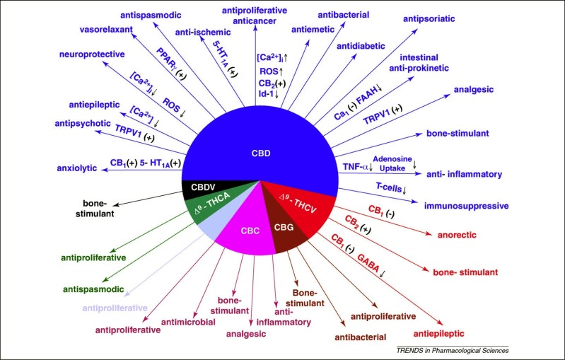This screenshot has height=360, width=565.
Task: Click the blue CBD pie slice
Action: click(x=260, y=144)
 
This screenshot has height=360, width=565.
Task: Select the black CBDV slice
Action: click(x=202, y=188)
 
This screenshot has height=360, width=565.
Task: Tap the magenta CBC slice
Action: click(x=249, y=227)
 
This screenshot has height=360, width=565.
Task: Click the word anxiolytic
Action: click(x=77, y=168)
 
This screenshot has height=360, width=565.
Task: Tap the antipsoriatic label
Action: click(x=429, y=18)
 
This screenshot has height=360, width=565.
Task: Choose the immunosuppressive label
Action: click(x=466, y=206)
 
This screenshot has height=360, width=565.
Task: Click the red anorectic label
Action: click(x=457, y=235)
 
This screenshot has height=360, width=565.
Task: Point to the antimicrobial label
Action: click(x=188, y=322)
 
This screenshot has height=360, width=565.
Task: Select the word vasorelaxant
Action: click(x=106, y=29)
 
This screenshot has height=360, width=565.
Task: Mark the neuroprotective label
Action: click(x=92, y=54)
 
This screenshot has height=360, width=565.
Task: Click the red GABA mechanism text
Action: click(x=368, y=263)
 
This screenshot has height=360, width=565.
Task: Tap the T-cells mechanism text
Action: click(x=389, y=187)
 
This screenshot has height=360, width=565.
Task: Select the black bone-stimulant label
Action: click(x=95, y=209)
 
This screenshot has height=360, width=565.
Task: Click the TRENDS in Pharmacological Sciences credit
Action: click(x=453, y=350)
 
